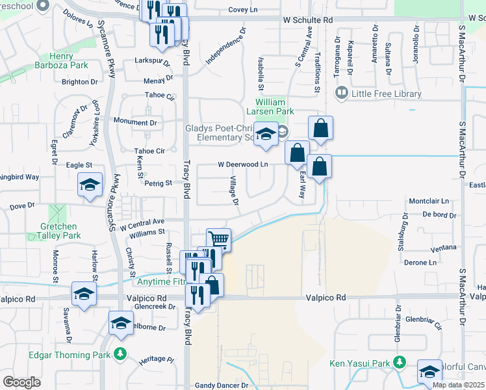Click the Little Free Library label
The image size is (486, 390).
pos(387,94)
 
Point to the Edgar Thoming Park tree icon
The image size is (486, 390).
pos(120,354)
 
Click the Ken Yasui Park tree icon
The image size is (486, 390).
pos(401,363)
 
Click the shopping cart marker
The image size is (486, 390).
pos(219,239)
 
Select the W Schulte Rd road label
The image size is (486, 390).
pos(307,20)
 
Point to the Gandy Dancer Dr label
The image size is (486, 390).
pos(222,385)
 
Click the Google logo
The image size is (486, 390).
pos(21,382)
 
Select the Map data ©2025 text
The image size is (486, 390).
pos(459,385)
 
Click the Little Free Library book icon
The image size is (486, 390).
pos(341,94)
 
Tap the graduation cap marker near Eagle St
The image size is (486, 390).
pos(90,185)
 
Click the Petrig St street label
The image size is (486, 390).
pos(158,183)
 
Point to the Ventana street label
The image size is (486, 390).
pos(444,248)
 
